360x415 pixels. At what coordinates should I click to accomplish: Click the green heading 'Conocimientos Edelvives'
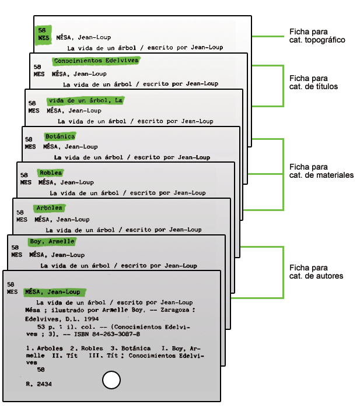(x=96, y=61)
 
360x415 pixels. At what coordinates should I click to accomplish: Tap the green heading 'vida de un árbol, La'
(x=86, y=100)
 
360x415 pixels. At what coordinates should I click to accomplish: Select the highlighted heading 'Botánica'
(x=60, y=136)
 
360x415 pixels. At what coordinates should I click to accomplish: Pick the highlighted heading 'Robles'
(x=51, y=173)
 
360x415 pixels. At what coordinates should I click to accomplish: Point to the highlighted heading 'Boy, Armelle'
(x=52, y=242)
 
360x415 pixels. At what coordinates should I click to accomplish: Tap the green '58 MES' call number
(x=43, y=34)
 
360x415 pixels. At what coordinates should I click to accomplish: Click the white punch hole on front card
(x=111, y=381)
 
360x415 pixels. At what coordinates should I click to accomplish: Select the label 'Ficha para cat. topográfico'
(x=317, y=36)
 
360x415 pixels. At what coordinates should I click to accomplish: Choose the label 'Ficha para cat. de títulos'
(x=313, y=82)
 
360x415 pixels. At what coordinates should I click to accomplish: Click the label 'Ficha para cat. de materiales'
(x=321, y=171)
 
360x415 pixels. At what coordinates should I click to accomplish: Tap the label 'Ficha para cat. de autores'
(x=316, y=272)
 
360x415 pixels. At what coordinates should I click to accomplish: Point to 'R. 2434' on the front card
(x=39, y=385)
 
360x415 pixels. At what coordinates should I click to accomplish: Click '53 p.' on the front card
(x=47, y=327)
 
